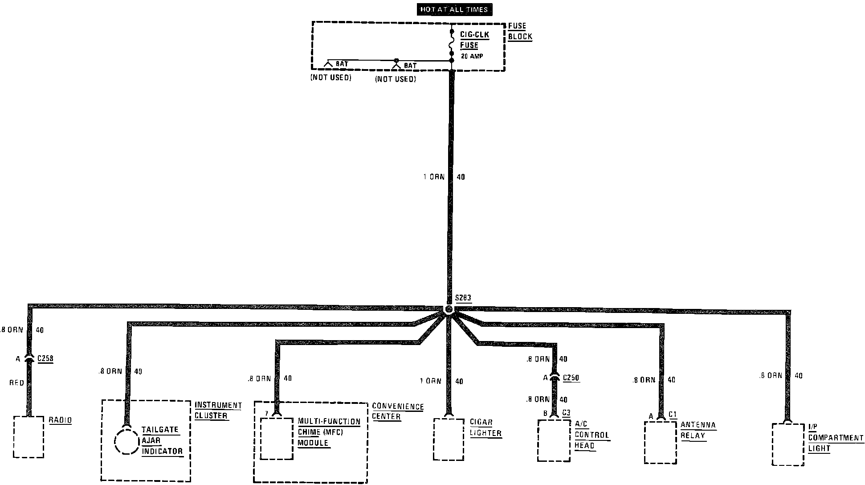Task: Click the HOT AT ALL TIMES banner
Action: pyautogui.click(x=454, y=10)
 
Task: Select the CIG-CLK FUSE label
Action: pyautogui.click(x=474, y=40)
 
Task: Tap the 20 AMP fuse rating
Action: pyautogui.click(x=472, y=57)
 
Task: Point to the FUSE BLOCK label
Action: pyautogui.click(x=520, y=32)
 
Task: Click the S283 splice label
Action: pyautogui.click(x=463, y=298)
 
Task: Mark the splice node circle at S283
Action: pyautogui.click(x=449, y=309)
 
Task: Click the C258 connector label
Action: pyautogui.click(x=45, y=358)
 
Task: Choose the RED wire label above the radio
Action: pyautogui.click(x=16, y=383)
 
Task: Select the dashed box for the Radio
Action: pyautogui.click(x=29, y=437)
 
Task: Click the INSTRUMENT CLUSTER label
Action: pyautogui.click(x=218, y=411)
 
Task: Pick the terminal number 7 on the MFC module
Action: pyautogui.click(x=266, y=414)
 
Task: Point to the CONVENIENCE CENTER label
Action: pyautogui.click(x=397, y=411)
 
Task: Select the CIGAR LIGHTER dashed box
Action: pyautogui.click(x=449, y=439)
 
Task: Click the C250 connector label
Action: pyautogui.click(x=571, y=378)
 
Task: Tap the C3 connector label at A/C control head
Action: pyautogui.click(x=566, y=413)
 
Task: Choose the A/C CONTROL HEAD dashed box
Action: pyautogui.click(x=554, y=440)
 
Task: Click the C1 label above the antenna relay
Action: pyautogui.click(x=673, y=415)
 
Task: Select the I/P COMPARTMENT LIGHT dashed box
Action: pyautogui.click(x=788, y=444)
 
